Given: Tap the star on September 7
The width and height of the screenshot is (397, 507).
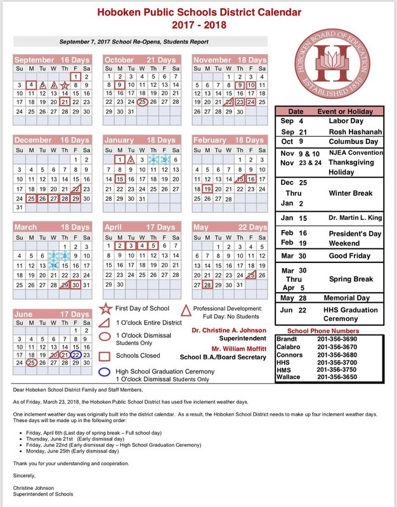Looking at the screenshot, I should click(64, 85).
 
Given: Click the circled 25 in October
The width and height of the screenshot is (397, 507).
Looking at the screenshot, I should click(143, 101).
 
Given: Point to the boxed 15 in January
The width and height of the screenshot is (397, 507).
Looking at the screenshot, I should click(120, 179).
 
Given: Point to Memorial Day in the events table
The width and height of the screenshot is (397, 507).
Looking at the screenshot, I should click(351, 298).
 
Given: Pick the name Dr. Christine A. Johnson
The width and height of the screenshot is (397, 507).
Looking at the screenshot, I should click(228, 330).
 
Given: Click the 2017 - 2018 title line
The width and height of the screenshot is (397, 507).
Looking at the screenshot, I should click(198, 25).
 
